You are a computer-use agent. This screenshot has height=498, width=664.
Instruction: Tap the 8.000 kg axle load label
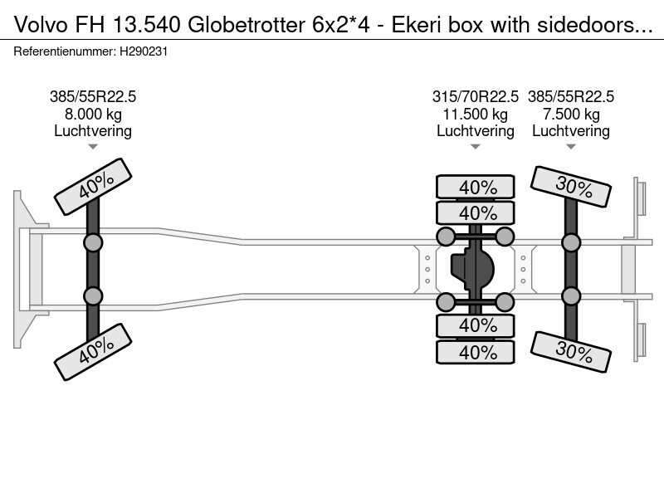click(x=93, y=114)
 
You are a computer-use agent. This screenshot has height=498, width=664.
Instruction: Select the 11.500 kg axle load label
click(x=476, y=114)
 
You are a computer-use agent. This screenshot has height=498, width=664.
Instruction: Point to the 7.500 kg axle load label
click(x=571, y=114)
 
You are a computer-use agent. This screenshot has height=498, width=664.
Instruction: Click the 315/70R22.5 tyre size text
click(x=476, y=96)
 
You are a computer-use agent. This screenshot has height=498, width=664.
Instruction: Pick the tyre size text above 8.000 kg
click(x=93, y=96)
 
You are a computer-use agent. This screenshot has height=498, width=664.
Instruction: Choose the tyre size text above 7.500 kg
click(x=571, y=96)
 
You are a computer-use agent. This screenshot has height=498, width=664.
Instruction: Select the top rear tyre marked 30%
click(x=573, y=186)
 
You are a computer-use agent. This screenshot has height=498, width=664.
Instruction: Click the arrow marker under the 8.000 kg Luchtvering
click(x=93, y=147)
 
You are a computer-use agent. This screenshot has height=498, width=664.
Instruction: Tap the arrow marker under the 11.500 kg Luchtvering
click(x=476, y=147)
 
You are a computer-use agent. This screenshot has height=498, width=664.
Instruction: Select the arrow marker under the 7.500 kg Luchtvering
click(x=571, y=147)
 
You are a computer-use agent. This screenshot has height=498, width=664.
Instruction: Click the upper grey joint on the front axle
click(x=93, y=243)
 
